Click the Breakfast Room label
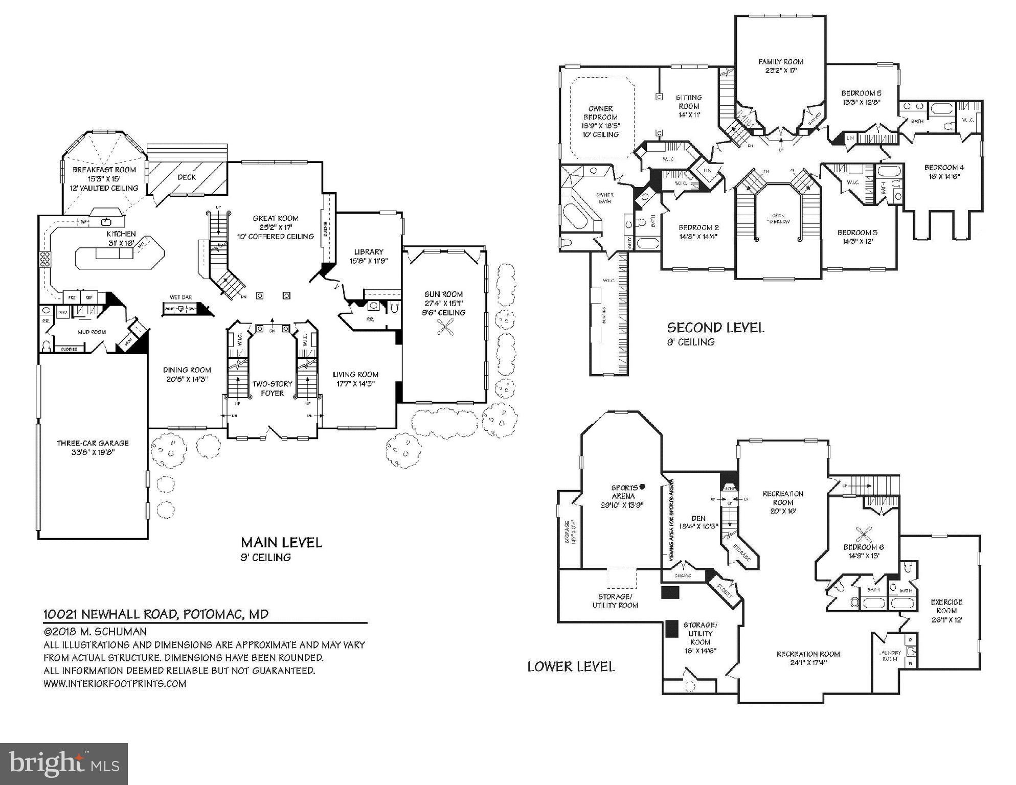coord(104,170)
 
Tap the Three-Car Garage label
coord(93,443)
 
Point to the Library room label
coord(369,252)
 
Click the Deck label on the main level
coord(187,177)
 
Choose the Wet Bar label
coord(181,297)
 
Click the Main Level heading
coord(281,542)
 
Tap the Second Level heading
coord(715,328)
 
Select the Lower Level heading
coord(571,666)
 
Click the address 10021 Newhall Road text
coord(156,614)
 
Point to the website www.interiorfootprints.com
coord(115,684)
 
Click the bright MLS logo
coord(64,764)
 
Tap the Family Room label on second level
coord(780,62)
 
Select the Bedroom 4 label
coord(944,168)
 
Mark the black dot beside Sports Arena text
coord(642,487)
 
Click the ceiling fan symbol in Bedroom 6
coord(864,535)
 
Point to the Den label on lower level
coord(698,518)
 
